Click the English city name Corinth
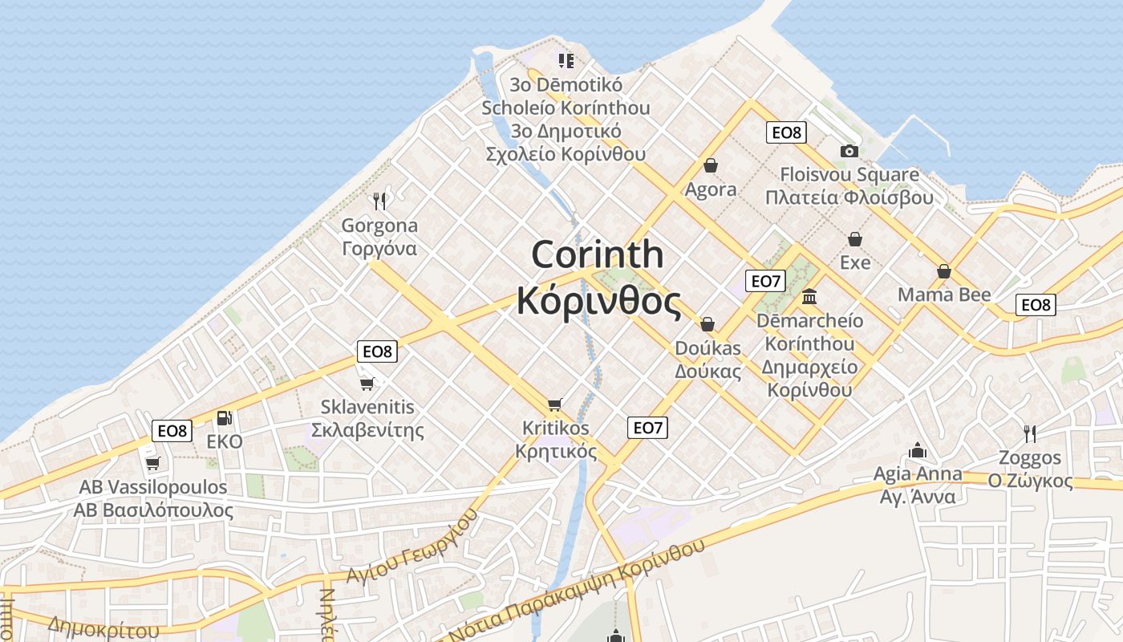(x=598, y=255)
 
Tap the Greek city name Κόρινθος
(x=598, y=302)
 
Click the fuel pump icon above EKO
(x=225, y=418)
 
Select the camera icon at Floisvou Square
(x=849, y=151)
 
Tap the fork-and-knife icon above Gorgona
(x=380, y=201)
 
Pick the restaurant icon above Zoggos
(x=1030, y=434)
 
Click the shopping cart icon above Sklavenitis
(x=367, y=384)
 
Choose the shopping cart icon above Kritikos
(x=555, y=404)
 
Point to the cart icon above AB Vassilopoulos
(x=153, y=463)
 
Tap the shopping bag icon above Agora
(x=710, y=165)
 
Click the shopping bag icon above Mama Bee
(x=944, y=271)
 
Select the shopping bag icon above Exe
(x=855, y=239)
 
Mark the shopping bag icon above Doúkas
(x=707, y=324)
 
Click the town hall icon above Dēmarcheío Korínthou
(x=809, y=296)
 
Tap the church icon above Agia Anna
(x=918, y=450)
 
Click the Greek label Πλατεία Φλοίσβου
(x=849, y=197)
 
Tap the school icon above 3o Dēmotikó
(x=566, y=60)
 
